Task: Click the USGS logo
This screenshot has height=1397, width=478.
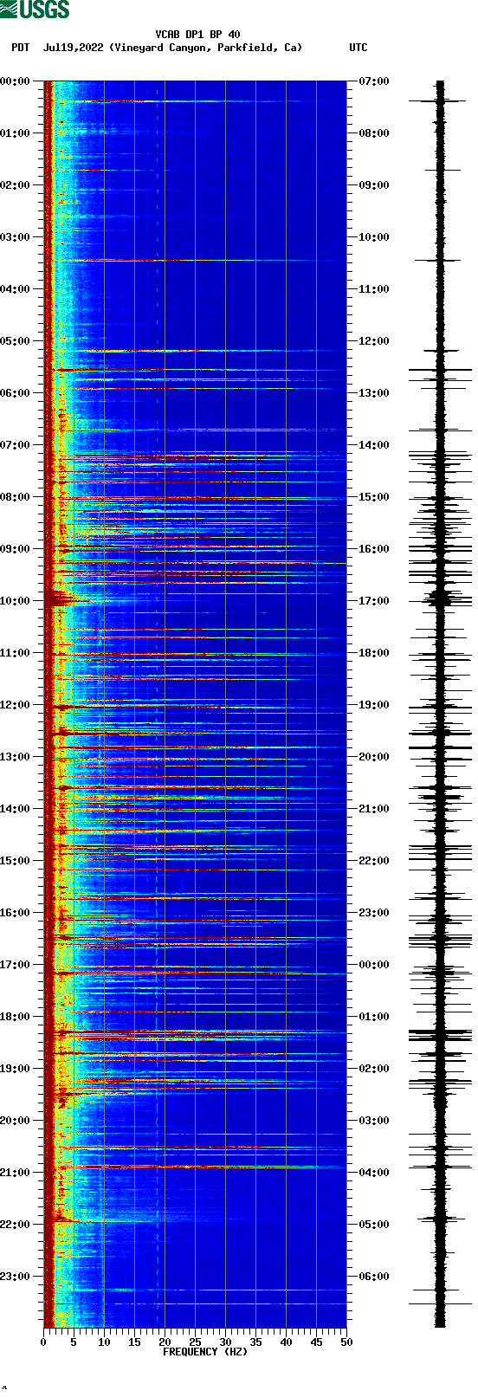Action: tap(35, 10)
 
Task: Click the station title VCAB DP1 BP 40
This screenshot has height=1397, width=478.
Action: tap(197, 35)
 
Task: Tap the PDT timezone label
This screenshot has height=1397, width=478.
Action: tap(20, 48)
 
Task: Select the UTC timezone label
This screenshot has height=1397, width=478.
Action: tap(358, 48)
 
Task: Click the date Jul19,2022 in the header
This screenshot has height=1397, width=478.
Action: tap(73, 48)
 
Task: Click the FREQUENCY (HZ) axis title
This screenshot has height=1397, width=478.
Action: tap(204, 1352)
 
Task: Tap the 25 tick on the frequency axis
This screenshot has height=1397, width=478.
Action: tap(195, 1342)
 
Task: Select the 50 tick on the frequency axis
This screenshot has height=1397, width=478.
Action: tap(346, 1342)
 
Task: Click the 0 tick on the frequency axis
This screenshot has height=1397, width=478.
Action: tap(43, 1342)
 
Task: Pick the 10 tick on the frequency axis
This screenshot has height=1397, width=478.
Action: tap(104, 1342)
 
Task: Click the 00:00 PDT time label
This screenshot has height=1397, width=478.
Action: tap(16, 81)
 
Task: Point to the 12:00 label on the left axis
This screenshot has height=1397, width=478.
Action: tap(16, 705)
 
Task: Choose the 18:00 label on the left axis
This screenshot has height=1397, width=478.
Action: tap(16, 1017)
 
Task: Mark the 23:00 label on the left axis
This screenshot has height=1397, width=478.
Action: tap(16, 1277)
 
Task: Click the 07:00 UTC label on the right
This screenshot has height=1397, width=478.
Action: tap(373, 81)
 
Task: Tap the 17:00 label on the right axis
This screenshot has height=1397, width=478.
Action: tap(373, 601)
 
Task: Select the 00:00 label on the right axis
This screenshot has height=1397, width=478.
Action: tap(373, 965)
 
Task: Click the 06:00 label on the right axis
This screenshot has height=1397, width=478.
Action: tap(373, 1277)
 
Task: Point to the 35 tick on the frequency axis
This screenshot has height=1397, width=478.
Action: tap(255, 1342)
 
